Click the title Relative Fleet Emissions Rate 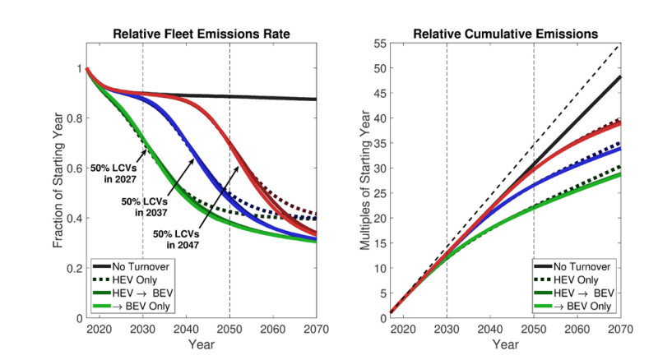tap(202, 34)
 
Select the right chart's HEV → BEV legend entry tap(580, 293)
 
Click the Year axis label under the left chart tap(202, 344)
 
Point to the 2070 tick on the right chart tap(619, 329)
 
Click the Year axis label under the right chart tap(505, 344)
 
